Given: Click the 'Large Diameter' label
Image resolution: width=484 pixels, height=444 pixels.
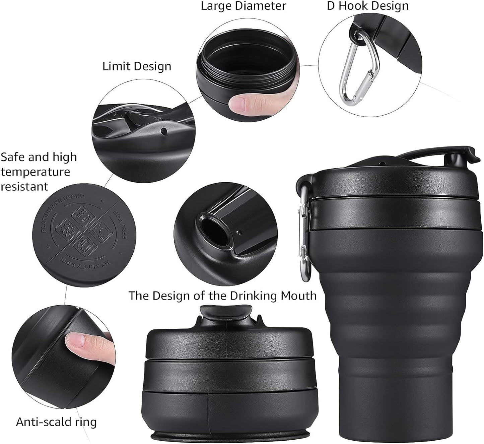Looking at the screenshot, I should coord(243,6).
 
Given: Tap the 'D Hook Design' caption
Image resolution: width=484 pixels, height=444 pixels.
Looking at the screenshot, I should coord(367,6).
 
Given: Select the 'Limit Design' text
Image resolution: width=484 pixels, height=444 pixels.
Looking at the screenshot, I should coord(137,66).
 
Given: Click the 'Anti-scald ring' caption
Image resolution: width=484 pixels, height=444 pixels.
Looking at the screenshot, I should coord(56,422).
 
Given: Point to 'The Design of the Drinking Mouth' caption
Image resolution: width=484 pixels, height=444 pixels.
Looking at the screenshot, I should coord(222,296).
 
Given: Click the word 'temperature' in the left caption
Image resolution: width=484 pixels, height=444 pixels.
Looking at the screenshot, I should coord(35,172).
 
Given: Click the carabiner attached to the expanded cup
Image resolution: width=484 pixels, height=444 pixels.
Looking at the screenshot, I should coord(304,235).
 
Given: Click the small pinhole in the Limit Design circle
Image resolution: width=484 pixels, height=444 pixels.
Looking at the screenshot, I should coord(164,130).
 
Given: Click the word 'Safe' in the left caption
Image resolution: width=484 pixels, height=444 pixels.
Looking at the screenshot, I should coord(13,157).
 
